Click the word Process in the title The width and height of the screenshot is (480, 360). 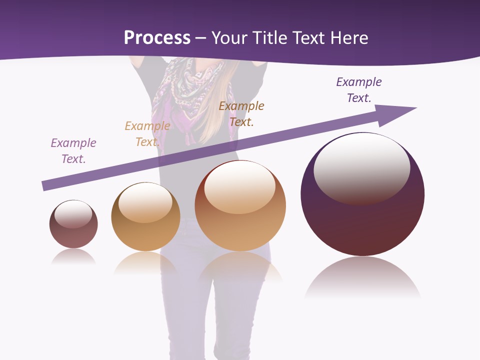[x=157, y=38]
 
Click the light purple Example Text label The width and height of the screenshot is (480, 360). [x=73, y=151]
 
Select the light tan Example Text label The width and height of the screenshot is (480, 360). [x=147, y=134]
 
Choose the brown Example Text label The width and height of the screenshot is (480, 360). [x=241, y=114]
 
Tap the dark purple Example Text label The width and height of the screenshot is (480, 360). [x=359, y=90]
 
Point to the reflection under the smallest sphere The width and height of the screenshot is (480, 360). [x=73, y=257]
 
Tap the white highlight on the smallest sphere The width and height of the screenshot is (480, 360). [x=73, y=214]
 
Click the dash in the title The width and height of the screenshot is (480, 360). [x=201, y=38]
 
